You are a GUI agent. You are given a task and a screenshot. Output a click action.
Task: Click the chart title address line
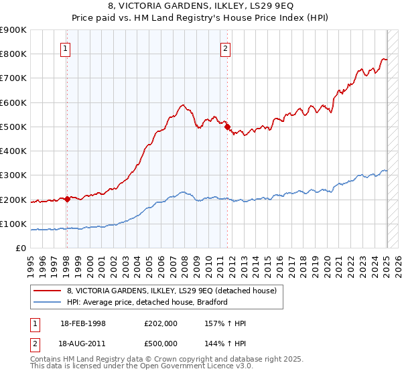click(x=200, y=5)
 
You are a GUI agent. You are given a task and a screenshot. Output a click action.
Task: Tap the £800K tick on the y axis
click(x=13, y=54)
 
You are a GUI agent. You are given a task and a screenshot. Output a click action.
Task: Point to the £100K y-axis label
click(x=13, y=224)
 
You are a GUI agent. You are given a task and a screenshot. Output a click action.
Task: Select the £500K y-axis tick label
click(x=13, y=127)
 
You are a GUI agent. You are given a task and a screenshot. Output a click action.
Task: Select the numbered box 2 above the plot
click(x=226, y=48)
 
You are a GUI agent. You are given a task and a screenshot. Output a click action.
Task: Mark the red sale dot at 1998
click(x=67, y=199)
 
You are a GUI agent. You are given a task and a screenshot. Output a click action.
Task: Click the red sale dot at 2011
click(x=228, y=127)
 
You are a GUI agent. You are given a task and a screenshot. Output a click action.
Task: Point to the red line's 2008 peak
click(x=182, y=105)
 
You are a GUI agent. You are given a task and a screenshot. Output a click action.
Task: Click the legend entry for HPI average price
click(x=147, y=302)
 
